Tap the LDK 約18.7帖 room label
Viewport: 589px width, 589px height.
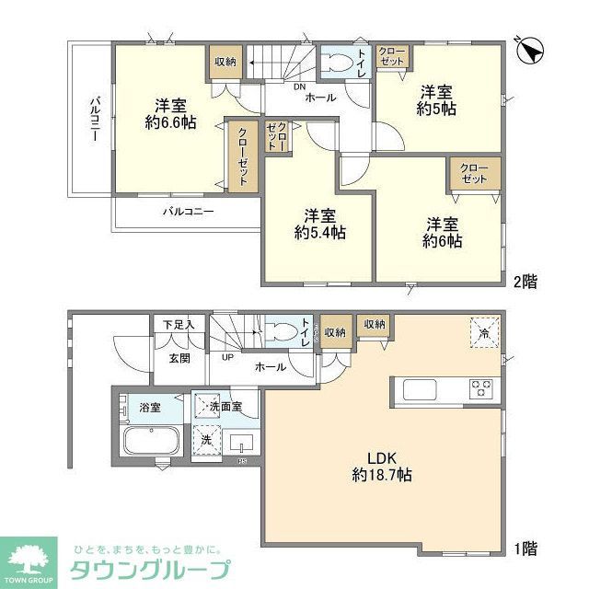(380, 467)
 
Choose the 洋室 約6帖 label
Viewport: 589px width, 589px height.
(443, 232)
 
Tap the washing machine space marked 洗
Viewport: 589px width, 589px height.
(208, 440)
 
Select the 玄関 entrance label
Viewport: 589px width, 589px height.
(179, 357)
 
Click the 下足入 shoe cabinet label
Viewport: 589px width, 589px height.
(179, 324)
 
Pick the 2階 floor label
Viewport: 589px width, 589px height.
(525, 282)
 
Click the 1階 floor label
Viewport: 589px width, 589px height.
(525, 549)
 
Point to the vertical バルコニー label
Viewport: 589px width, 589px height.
(94, 121)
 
